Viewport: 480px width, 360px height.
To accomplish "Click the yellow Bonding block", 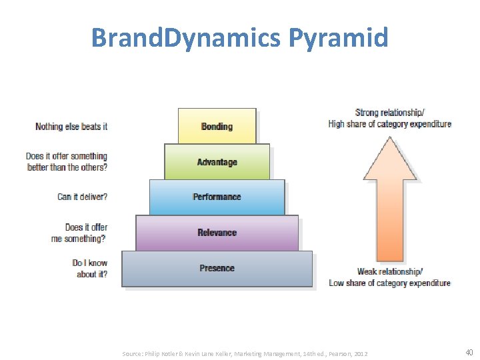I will (217, 126).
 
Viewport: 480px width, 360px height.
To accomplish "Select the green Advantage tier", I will (217, 162).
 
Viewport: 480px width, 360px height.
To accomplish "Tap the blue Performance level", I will (217, 197).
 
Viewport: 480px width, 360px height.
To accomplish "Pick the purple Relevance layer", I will (217, 233).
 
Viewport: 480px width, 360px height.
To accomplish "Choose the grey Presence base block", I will (217, 268).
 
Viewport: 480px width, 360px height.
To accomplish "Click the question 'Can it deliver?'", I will (82, 197).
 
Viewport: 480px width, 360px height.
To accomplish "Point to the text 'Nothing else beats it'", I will (71, 126).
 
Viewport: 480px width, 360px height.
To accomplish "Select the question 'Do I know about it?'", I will (89, 268).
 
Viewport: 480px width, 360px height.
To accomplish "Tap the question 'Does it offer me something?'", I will (79, 233).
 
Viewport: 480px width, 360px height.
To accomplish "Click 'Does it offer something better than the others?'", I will (67, 161).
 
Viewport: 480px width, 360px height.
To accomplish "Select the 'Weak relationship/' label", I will (390, 271).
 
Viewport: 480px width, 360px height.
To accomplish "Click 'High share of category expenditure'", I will (389, 124).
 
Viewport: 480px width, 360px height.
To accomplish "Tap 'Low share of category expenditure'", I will (389, 283).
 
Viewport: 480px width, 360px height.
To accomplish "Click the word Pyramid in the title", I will (338, 37).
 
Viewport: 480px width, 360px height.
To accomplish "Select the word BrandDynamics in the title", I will (186, 37).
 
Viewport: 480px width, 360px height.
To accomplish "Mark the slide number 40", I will (469, 353).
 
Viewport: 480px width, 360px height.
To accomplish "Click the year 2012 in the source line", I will (360, 353).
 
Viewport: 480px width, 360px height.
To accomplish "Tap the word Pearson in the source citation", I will (337, 353).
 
